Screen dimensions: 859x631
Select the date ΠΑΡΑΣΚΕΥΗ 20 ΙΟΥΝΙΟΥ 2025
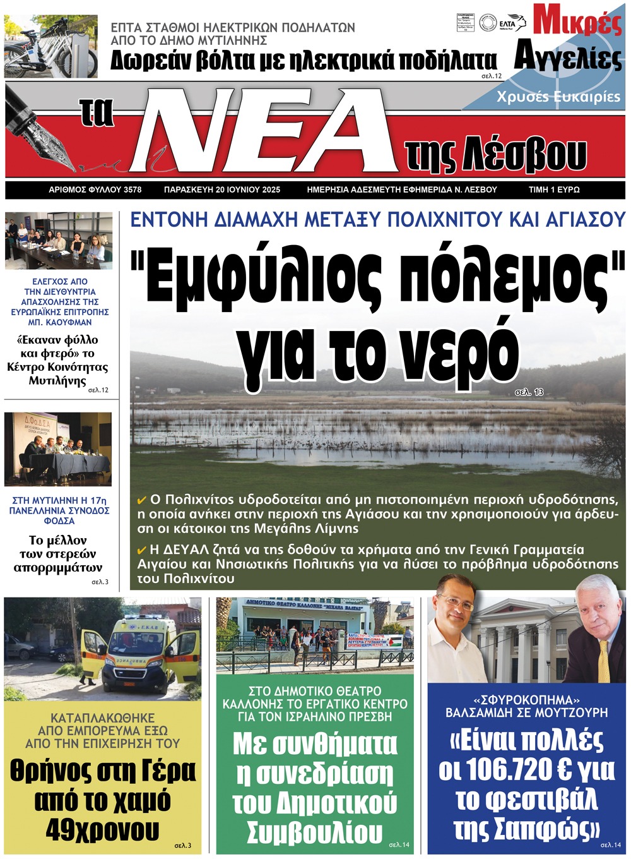click(x=222, y=189)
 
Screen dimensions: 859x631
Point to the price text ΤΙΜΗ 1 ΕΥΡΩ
click(x=554, y=189)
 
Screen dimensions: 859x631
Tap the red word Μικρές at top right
click(x=577, y=21)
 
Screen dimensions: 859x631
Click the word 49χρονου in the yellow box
click(x=102, y=830)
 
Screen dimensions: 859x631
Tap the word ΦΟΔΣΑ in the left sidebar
click(x=59, y=521)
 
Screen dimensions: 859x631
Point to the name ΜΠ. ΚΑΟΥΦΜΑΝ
click(x=59, y=322)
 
